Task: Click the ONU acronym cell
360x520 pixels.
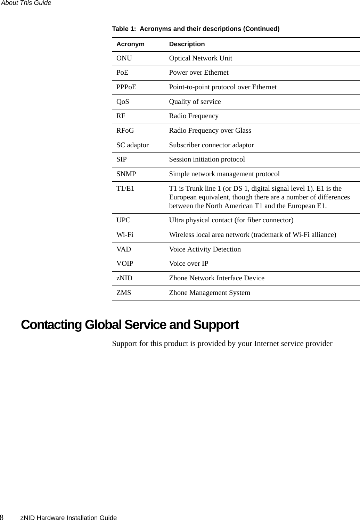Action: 124,58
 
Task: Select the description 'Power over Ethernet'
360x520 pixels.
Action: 199,73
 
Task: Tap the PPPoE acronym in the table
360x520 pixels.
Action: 126,87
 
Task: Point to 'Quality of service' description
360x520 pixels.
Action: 195,102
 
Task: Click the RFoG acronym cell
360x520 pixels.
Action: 125,131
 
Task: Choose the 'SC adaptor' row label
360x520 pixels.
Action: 132,145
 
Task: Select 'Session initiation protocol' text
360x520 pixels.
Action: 207,159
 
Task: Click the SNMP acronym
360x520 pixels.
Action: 126,174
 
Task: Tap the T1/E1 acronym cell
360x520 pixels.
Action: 125,189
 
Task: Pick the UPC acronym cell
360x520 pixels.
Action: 123,220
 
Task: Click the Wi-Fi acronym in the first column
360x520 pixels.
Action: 125,235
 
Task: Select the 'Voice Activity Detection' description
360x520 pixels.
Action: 205,249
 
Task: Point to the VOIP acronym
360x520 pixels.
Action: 125,264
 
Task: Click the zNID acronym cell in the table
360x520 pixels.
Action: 124,278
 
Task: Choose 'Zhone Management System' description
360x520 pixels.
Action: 210,293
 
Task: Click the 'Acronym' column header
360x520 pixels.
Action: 130,44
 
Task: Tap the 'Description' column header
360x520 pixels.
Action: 187,44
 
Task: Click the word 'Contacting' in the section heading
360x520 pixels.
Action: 51,325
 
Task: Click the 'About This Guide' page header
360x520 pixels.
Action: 26,3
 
